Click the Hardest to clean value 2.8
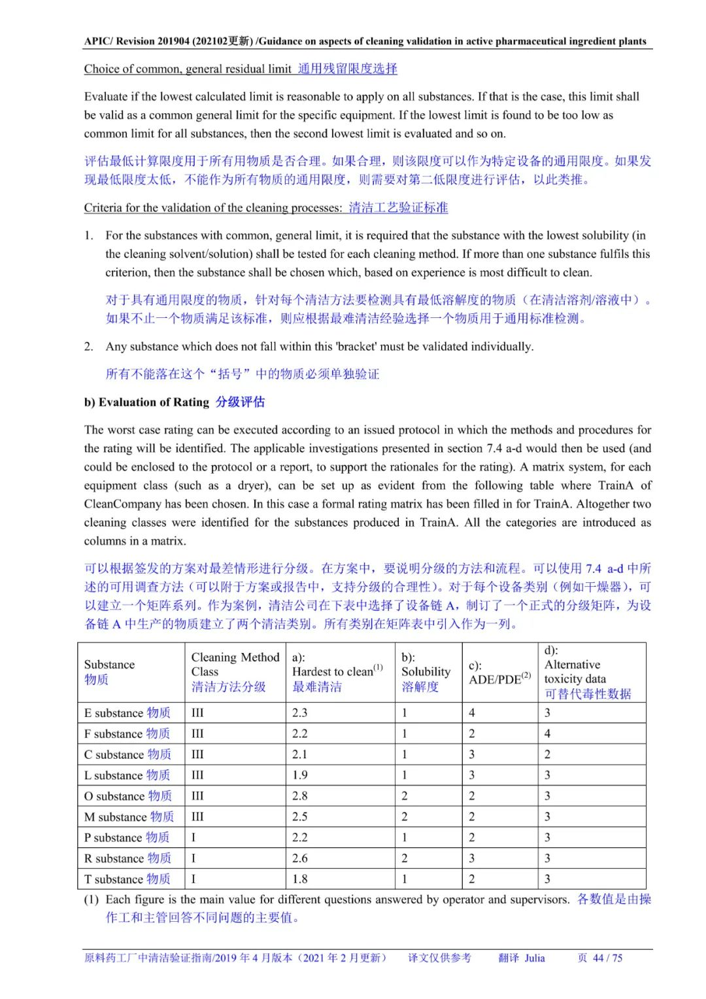click(299, 796)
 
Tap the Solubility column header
click(426, 672)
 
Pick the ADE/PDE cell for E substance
click(472, 712)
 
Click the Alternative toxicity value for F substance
click(548, 733)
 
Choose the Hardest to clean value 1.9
click(299, 775)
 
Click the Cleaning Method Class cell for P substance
click(193, 837)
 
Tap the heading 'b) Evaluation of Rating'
click(146, 402)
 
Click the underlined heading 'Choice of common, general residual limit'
click(188, 69)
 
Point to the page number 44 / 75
click(607, 958)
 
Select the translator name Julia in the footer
click(534, 958)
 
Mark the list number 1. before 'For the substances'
click(88, 235)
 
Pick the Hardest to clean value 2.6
click(299, 858)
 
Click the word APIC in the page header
click(97, 41)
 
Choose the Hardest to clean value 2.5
click(299, 816)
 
